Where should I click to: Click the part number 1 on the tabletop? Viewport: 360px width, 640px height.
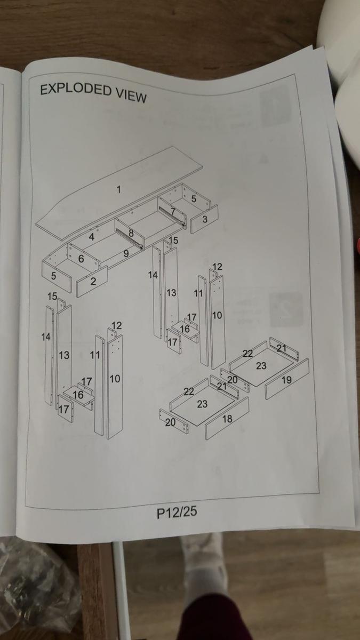tap(119, 189)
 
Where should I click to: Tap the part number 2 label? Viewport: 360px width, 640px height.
tap(93, 282)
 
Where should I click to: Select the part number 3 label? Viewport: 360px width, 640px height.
tap(205, 219)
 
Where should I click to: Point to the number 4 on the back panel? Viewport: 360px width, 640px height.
tap(92, 237)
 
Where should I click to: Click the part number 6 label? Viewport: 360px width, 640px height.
tap(81, 259)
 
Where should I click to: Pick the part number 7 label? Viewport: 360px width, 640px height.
tap(173, 211)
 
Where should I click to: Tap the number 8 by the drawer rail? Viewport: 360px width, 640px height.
tap(131, 233)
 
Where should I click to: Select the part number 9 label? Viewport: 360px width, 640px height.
tap(126, 254)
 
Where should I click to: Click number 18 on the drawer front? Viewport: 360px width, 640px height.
tap(227, 419)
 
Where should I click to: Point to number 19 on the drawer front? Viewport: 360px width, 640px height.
tap(286, 380)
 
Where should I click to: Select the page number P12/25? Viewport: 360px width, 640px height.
tap(177, 512)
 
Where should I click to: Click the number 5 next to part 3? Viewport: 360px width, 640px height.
tap(194, 199)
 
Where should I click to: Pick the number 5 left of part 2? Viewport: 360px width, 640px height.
tap(53, 276)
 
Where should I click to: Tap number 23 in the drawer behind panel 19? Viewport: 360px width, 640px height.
tap(261, 366)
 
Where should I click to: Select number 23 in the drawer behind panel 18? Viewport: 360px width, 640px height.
tap(202, 404)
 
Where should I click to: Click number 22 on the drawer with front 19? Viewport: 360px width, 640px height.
tap(247, 353)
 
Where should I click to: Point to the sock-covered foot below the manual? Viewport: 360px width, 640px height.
tap(205, 565)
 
